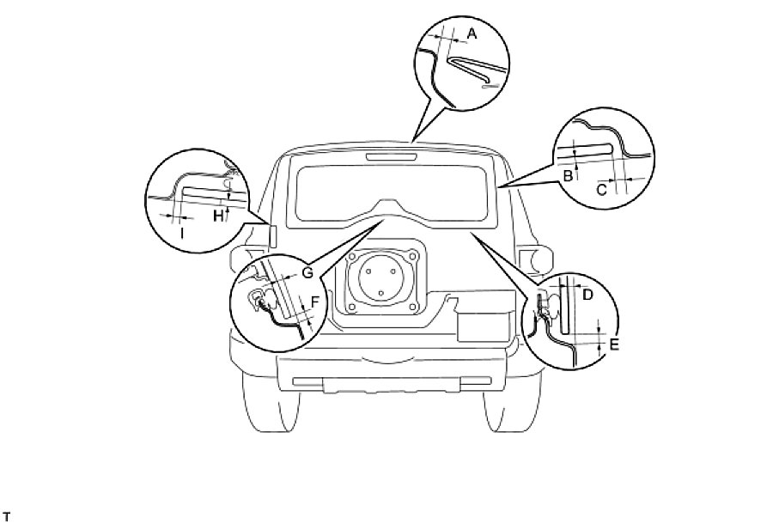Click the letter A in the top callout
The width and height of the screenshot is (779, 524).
tap(471, 33)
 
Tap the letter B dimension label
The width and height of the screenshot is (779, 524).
tap(568, 176)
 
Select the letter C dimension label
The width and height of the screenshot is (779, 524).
tap(601, 190)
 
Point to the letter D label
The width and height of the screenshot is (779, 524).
tap(587, 295)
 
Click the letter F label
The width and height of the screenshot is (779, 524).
tap(315, 302)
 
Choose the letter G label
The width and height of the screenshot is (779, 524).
tap(308, 273)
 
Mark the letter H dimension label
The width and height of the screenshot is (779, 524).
tap(218, 216)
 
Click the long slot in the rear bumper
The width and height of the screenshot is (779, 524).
tap(387, 380)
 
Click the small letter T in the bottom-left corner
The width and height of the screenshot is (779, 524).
tap(6, 515)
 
